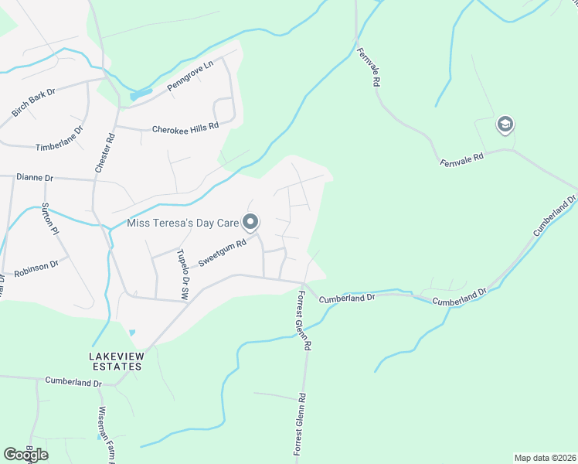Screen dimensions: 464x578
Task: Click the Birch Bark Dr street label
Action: pos(34,103)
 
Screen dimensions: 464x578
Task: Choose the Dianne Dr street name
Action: pos(34,177)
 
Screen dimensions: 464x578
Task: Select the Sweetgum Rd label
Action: pos(222,253)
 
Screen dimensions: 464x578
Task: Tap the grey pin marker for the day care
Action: pos(250,223)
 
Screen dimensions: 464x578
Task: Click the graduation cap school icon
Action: pos(505,125)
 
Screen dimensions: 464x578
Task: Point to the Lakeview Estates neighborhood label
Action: pos(115,361)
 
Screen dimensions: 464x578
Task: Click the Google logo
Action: pos(25,455)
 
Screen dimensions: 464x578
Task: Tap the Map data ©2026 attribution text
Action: pos(544,458)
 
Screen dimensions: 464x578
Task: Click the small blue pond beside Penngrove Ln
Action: pos(141,96)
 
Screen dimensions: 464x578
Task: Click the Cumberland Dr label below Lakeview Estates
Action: pos(73,380)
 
